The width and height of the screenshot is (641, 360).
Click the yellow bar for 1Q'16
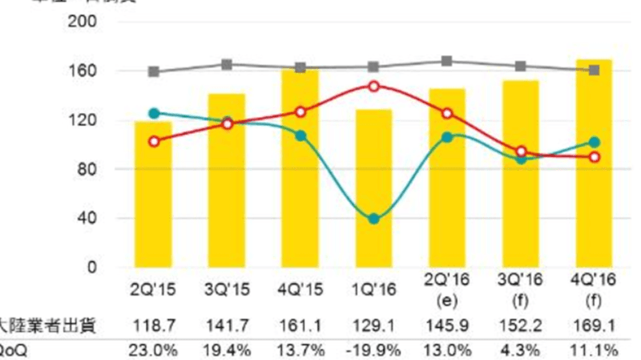374,188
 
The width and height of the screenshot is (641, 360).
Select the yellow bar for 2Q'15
154,194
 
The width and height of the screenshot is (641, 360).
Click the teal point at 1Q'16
374,219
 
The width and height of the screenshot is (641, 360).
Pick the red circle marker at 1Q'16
374,87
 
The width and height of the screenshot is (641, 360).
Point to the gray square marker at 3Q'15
227,65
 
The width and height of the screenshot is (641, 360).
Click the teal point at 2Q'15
154,114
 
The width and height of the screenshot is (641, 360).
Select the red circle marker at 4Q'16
595,157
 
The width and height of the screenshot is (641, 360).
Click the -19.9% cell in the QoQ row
374,351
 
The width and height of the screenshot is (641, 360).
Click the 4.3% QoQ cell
521,351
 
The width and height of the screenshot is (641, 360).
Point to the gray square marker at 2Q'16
447,62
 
